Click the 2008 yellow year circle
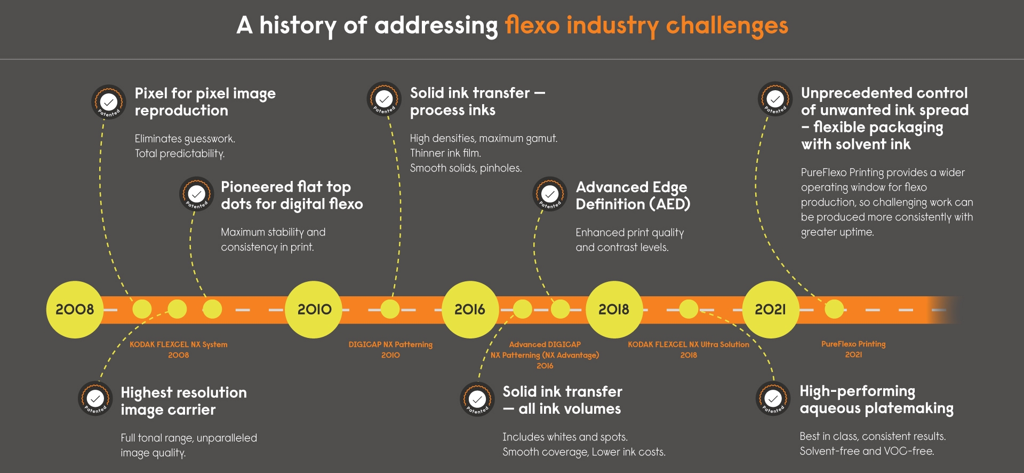coord(74,309)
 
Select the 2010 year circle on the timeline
coord(314,309)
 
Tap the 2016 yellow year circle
coord(470,309)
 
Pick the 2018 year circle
coord(614,309)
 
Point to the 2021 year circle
coord(770,309)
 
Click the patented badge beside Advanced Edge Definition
coord(550,194)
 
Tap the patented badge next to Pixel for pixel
coord(109,102)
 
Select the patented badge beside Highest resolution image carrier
coord(95,399)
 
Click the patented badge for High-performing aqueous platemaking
coord(773,398)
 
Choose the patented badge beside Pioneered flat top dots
coord(197,194)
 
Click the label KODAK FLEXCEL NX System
coord(178,345)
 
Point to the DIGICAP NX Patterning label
coord(390,345)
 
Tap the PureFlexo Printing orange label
coord(853,344)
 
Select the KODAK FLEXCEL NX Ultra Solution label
coord(688,345)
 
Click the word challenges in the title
coord(727,26)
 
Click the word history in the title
coord(298,26)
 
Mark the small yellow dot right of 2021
coord(834,309)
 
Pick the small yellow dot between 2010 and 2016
coord(390,309)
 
